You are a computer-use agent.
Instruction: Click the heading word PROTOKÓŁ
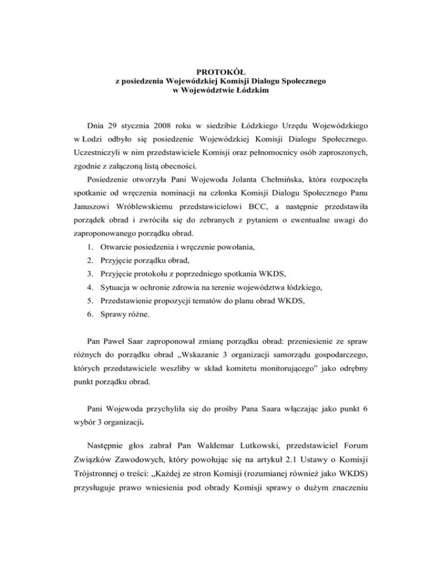coord(221,72)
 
